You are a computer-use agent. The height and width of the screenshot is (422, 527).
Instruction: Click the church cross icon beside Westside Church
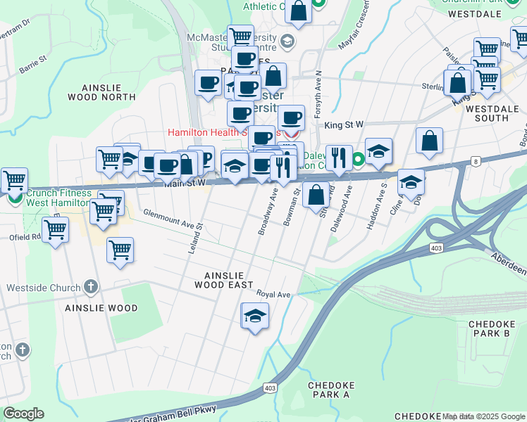[90, 286]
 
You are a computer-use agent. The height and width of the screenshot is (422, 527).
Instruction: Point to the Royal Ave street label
[273, 294]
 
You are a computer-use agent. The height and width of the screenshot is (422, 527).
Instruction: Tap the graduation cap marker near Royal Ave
[255, 316]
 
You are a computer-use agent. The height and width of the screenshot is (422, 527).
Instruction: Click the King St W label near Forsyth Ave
[344, 124]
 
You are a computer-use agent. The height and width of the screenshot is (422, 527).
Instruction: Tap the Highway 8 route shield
[476, 162]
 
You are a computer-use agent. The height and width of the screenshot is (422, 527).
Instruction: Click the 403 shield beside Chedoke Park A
[270, 388]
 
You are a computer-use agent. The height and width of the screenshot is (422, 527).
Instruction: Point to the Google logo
[23, 414]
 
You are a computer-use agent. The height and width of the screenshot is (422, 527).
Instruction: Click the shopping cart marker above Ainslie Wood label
[120, 250]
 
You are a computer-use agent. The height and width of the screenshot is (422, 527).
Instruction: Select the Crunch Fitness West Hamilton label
[59, 198]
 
